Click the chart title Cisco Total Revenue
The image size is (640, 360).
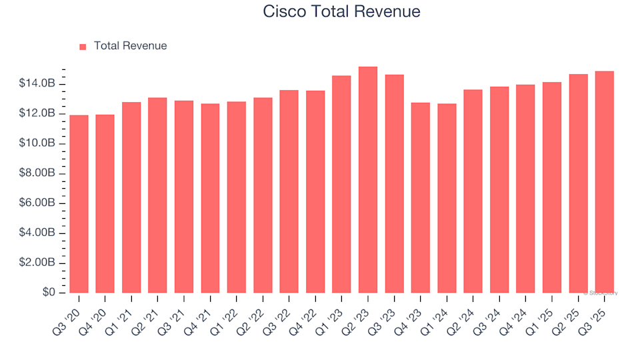coord(341,11)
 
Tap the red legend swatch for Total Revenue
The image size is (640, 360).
coord(83,47)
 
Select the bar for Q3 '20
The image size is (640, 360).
coord(79,204)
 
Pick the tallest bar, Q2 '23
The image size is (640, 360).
coord(368,180)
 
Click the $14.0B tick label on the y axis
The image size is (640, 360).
coord(37,84)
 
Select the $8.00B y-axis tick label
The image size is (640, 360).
coord(37,173)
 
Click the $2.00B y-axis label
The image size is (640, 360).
coord(37,263)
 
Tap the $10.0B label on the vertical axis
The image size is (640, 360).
coord(37,143)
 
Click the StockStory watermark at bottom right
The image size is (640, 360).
coord(601,293)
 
